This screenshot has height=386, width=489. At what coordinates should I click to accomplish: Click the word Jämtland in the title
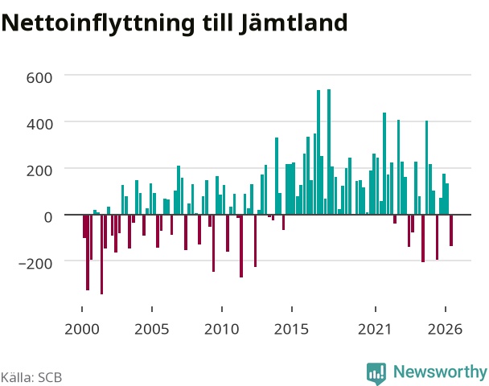(x=294, y=23)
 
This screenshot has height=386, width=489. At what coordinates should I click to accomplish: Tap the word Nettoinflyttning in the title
(x=98, y=24)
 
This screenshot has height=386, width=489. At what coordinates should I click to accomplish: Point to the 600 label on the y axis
(x=39, y=78)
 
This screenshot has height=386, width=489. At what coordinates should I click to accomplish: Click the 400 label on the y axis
(x=39, y=124)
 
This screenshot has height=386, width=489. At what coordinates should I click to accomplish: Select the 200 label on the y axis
(x=39, y=170)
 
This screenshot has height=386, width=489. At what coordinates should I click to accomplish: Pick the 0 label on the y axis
(x=48, y=217)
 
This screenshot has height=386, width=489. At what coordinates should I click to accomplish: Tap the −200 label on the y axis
(x=35, y=264)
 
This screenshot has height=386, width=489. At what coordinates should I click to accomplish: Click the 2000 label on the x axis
(x=82, y=329)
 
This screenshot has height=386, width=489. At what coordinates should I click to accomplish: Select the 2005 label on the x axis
(x=152, y=329)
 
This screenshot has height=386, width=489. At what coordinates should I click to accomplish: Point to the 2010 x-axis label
(x=222, y=329)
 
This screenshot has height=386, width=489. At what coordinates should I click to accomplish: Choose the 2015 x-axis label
(x=292, y=329)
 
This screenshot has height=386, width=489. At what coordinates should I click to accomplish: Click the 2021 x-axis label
(x=375, y=329)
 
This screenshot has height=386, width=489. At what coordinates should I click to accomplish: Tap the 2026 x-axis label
(x=445, y=329)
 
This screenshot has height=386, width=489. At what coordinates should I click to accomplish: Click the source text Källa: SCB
(x=31, y=377)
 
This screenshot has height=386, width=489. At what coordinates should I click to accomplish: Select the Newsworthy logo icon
(x=376, y=373)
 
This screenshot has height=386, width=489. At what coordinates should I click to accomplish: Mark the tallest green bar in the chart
(x=329, y=152)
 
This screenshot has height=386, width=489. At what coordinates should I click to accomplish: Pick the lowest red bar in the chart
(x=101, y=254)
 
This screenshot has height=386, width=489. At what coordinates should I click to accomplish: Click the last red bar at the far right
(x=451, y=231)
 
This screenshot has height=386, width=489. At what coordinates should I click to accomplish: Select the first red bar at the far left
(x=84, y=226)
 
